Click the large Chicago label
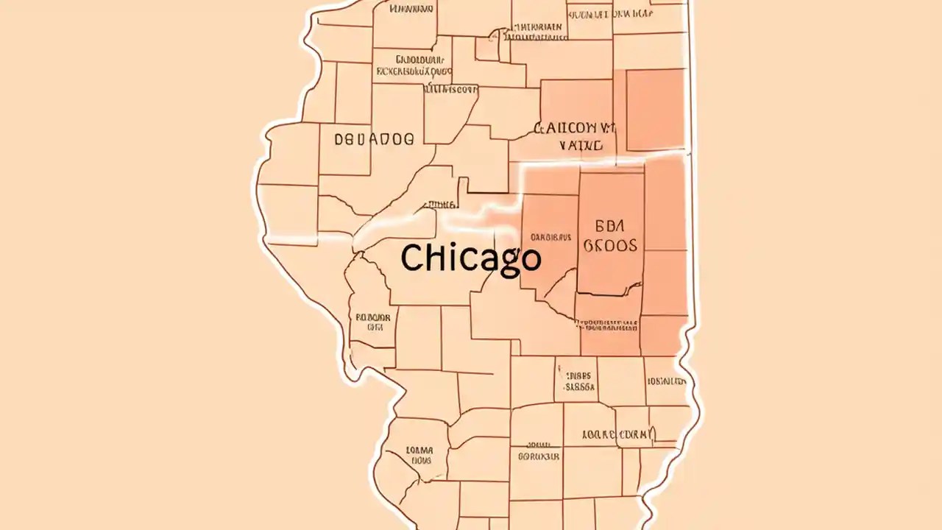[x=471, y=258]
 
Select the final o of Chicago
[x=529, y=259]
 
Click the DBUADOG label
[x=374, y=138]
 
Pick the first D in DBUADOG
[x=339, y=138]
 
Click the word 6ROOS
[x=611, y=245]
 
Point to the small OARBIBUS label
[x=550, y=237]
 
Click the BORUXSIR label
[x=538, y=456]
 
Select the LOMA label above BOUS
[x=419, y=451]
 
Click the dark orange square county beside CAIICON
[x=655, y=110]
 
